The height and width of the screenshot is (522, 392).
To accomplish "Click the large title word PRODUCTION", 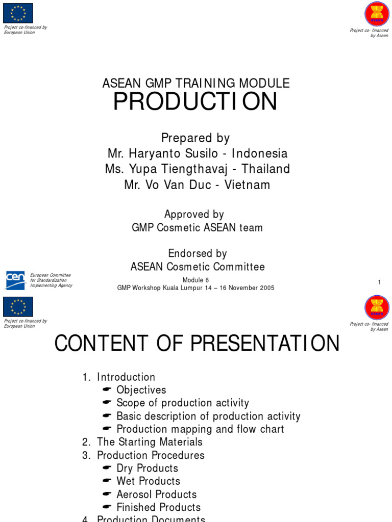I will tap(195, 102).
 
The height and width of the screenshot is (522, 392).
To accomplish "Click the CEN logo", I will tap(15, 280).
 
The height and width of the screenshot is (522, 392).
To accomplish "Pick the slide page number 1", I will tap(379, 282).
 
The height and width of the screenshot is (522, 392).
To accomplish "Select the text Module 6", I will tap(195, 280).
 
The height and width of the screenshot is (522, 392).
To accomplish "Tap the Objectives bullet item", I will tap(141, 390).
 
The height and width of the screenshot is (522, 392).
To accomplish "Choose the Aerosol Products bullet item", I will tap(156, 494).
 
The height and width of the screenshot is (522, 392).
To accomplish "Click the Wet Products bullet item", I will tap(148, 481).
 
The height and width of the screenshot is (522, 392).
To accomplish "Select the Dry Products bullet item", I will tap(147, 468).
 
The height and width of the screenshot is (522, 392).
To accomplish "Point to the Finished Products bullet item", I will tap(158, 507).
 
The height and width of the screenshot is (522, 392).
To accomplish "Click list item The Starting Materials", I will tap(150, 442).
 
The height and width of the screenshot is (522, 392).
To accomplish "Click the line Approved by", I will tap(194, 215).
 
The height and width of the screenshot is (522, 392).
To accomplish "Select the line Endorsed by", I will tap(197, 253).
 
